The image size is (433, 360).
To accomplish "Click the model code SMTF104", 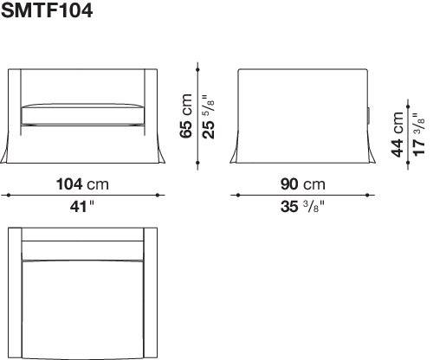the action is (x=47, y=11).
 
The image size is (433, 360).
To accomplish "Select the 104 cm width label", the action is (x=82, y=184).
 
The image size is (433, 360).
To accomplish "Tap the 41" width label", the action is (x=82, y=207).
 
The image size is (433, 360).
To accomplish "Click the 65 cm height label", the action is (x=185, y=116).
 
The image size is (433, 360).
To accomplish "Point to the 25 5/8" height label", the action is (x=209, y=116).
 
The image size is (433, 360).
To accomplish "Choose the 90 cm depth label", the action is (x=303, y=184).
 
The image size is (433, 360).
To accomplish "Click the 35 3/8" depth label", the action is (x=302, y=207).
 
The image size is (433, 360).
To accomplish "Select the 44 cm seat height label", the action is (x=397, y=134).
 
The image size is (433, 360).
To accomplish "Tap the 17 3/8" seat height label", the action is (x=419, y=134).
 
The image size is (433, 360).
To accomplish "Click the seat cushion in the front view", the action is (x=82, y=115).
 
